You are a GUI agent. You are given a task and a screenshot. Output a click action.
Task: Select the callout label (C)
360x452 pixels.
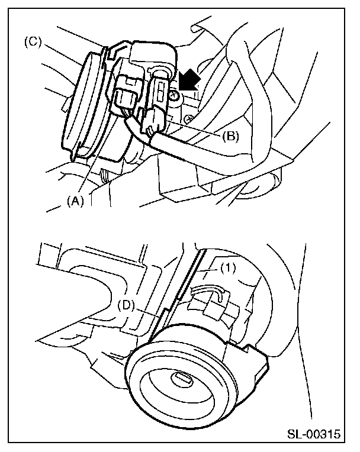(32, 43)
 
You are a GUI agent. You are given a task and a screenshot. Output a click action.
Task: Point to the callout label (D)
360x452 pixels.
(126, 305)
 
